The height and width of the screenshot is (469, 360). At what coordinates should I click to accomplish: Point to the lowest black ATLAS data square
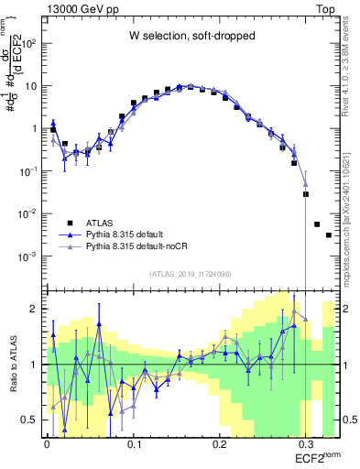(x=329, y=235)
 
